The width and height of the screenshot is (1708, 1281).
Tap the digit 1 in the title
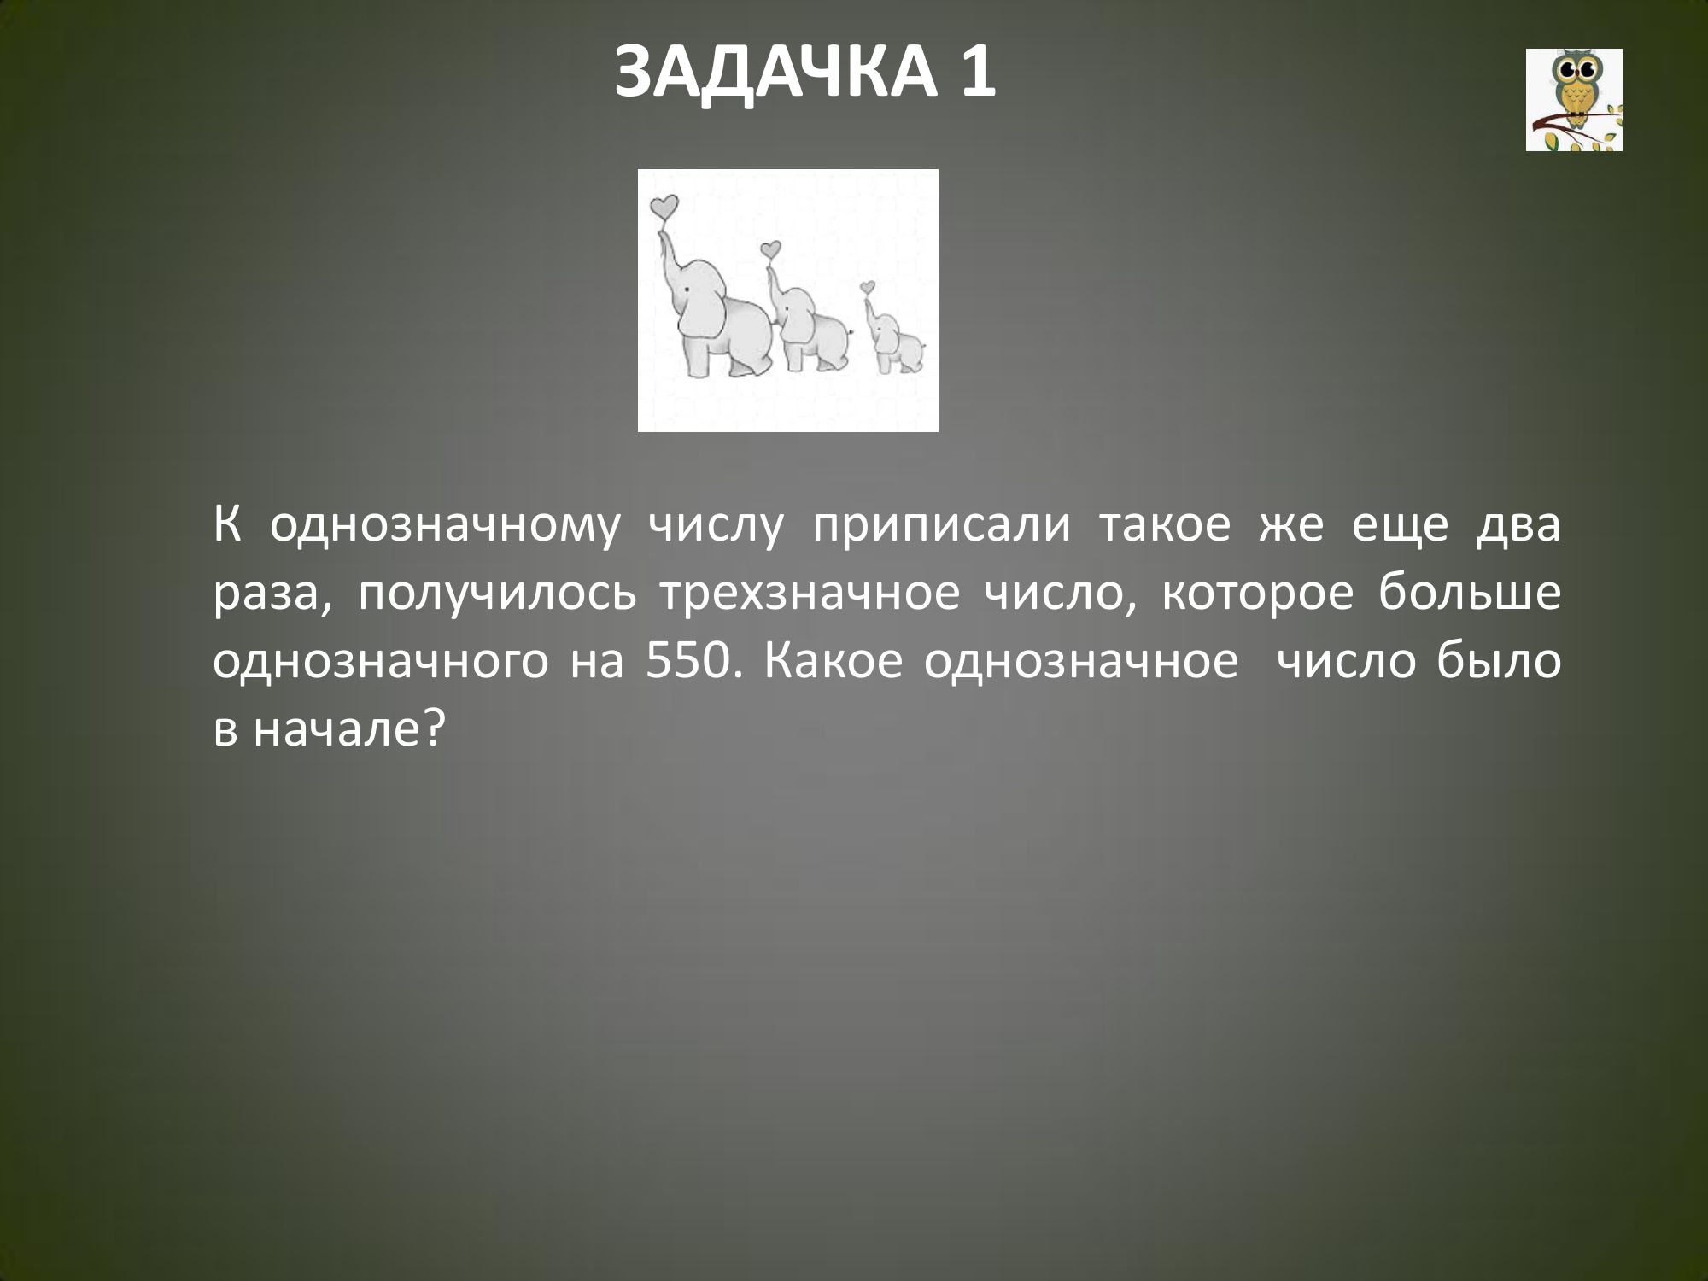coord(976,73)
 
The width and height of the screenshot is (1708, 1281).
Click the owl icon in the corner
coord(1574,100)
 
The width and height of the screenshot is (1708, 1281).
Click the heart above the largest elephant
coord(664,207)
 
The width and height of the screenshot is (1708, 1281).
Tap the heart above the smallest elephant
coord(869,287)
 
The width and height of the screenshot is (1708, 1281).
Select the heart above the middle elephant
coord(771,249)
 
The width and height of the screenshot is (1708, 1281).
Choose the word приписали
coord(940,527)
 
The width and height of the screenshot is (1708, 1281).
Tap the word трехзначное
coord(808,594)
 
